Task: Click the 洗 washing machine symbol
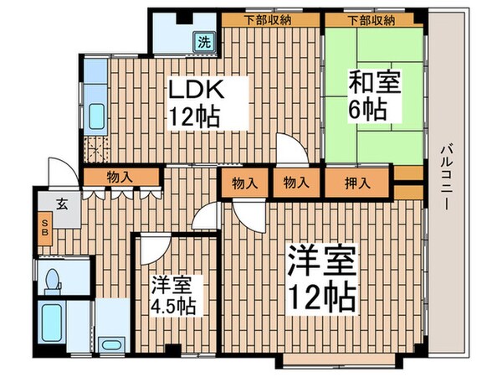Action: pyautogui.click(x=204, y=40)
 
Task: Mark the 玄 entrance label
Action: pyautogui.click(x=62, y=202)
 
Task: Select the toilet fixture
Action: pyautogui.click(x=53, y=280)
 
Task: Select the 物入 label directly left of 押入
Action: pyautogui.click(x=294, y=182)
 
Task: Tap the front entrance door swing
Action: pyautogui.click(x=59, y=171)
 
